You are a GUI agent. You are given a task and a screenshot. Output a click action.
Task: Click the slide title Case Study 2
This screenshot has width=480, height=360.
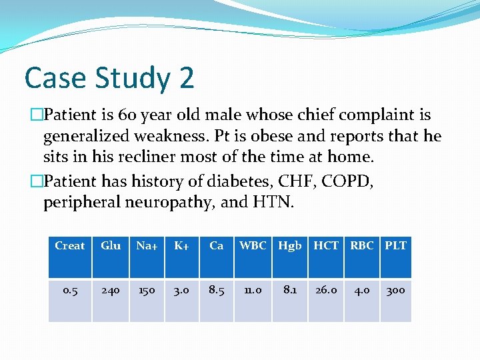pos(109,78)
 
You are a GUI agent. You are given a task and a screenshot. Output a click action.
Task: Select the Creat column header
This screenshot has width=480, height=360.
pos(70,246)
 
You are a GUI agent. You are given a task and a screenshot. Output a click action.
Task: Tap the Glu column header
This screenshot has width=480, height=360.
pos(111,246)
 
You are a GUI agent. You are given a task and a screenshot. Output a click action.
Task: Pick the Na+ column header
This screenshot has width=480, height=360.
pos(147,246)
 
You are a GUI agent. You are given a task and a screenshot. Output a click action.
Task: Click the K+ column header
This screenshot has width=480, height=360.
pos(181,246)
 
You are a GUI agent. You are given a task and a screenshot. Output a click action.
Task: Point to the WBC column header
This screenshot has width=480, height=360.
pos(253,246)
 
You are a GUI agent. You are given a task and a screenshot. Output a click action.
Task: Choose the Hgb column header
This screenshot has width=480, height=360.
pos(290,246)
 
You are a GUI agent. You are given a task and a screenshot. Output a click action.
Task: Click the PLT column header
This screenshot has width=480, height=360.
pos(395,246)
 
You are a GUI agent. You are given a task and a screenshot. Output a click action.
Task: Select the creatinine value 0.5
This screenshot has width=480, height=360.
pos(70,291)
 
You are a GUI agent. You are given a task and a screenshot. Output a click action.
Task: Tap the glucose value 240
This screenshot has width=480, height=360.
pos(111,291)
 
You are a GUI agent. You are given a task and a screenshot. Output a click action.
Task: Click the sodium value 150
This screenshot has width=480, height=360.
pos(147,291)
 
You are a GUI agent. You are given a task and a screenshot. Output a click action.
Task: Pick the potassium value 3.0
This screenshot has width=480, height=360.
pos(181,291)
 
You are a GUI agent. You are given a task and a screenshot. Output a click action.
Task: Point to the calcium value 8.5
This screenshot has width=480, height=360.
pos(217,291)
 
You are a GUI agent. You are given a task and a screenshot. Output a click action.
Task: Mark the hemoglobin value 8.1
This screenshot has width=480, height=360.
pos(290,291)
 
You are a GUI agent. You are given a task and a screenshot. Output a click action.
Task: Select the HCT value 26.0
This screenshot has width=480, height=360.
pos(326,291)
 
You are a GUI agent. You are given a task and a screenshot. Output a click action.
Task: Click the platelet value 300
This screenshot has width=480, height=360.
pos(395,291)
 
